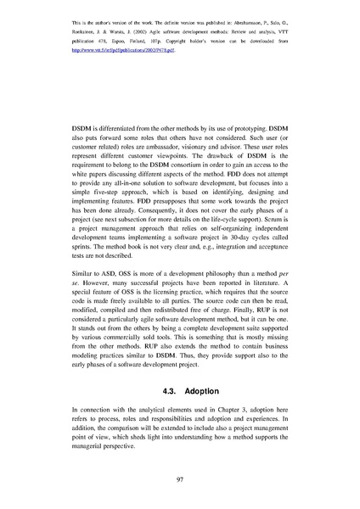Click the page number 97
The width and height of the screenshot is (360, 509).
pos(180,480)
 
